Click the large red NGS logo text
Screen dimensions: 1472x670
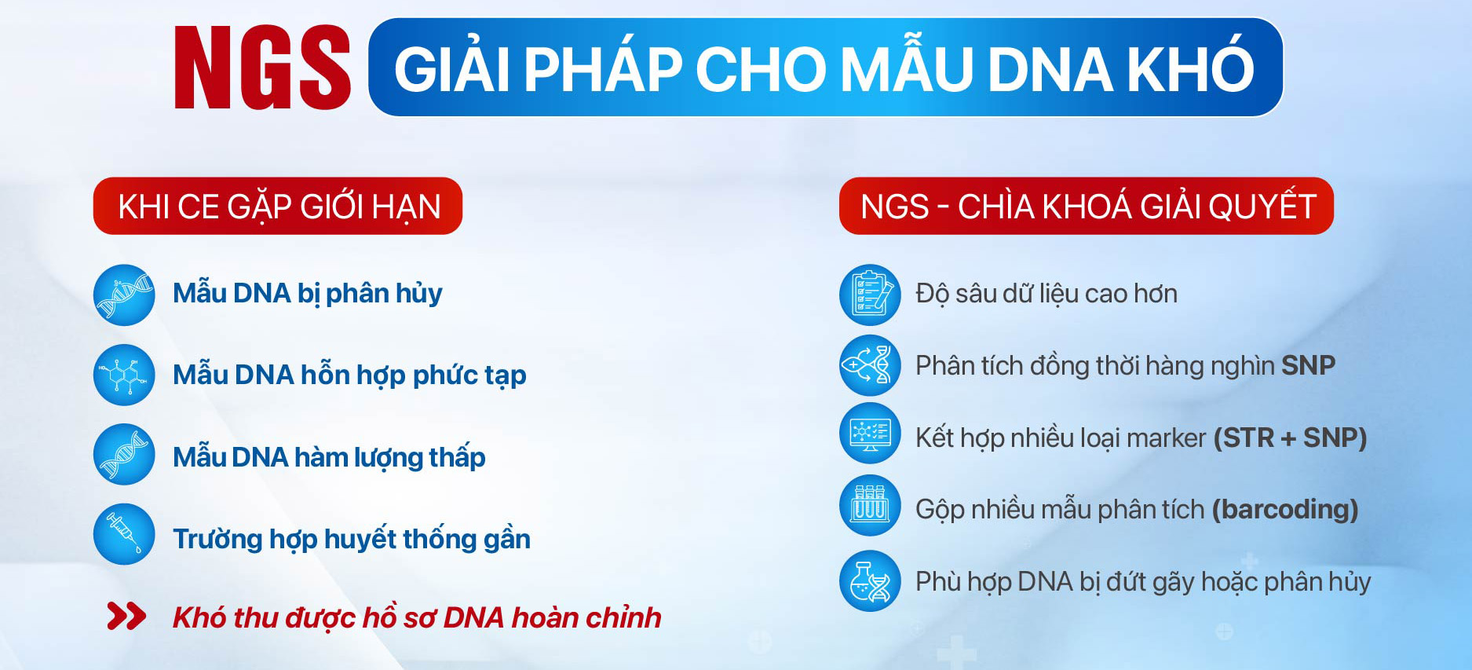(262, 68)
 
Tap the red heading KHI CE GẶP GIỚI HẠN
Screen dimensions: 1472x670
(278, 207)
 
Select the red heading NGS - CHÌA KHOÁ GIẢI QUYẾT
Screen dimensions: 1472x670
(1087, 207)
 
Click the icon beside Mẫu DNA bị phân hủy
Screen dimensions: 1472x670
(124, 295)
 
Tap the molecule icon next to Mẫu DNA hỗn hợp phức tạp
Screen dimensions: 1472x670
(124, 375)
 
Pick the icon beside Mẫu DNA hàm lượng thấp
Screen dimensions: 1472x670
(124, 455)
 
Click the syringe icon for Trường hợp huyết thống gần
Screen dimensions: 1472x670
(124, 534)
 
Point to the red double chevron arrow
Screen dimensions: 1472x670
(126, 617)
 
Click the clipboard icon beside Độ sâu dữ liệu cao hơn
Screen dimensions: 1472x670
(870, 295)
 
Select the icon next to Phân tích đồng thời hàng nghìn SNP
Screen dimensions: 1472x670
(870, 365)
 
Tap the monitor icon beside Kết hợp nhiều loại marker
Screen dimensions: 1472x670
(870, 433)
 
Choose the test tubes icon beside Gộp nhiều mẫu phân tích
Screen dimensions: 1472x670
(870, 505)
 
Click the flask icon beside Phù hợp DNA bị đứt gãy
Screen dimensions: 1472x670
(870, 581)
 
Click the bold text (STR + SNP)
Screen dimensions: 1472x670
(1291, 438)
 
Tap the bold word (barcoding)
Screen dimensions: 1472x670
(1285, 510)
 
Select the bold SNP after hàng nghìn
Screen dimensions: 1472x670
(1308, 365)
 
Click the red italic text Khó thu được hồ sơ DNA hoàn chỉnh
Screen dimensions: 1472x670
(417, 617)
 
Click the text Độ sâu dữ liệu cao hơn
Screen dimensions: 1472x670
(1046, 294)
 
